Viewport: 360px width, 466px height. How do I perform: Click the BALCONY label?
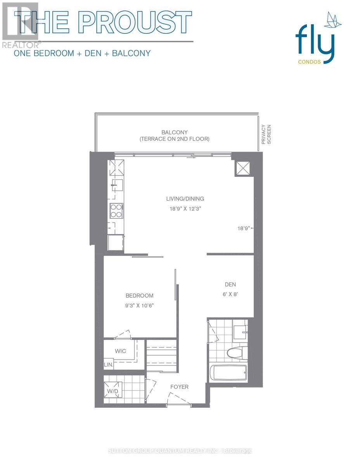175,132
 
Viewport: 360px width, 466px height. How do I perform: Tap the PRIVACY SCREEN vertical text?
267,135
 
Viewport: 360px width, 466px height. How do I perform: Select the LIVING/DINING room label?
185,199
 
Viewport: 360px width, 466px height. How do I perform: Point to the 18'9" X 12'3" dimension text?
185,209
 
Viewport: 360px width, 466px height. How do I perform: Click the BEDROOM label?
139,296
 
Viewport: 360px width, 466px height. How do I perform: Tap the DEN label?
230,284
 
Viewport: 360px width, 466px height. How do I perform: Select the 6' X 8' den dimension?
230,294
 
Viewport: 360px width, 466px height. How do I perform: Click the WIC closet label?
120,351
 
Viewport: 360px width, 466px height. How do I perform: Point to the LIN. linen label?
108,365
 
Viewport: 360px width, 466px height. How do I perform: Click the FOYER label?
179,387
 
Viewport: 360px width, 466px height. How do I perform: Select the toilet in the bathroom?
236,353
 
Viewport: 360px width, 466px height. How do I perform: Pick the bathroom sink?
241,332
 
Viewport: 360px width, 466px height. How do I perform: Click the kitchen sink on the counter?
116,184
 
